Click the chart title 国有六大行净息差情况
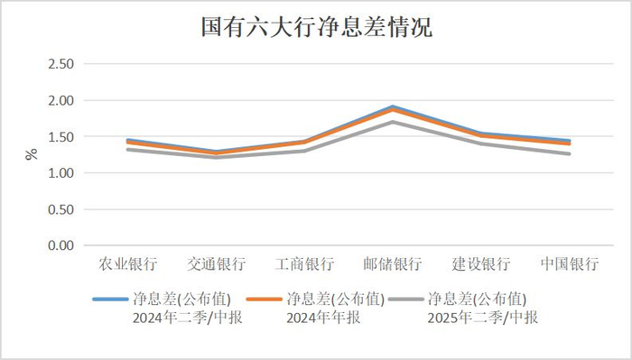pos(316,27)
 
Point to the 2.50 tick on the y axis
pos(60,64)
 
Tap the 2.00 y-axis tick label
pos(60,100)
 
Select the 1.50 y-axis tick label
pos(60,136)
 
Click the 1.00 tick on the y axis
pos(60,172)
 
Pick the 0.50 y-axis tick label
pos(60,209)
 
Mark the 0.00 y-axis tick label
pos(60,245)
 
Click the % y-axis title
pos(31,154)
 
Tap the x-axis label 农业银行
pos(128,264)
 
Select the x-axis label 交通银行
pos(217,264)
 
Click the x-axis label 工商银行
pos(305,264)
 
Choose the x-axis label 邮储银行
pos(393,264)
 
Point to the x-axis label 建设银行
pos(481,264)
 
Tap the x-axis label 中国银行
pos(570,264)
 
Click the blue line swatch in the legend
pos(110,300)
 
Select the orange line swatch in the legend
pos(264,300)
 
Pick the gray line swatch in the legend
pos(405,300)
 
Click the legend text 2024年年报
pos(323,318)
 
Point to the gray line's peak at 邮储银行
pos(393,122)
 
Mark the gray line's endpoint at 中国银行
pos(569,153)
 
